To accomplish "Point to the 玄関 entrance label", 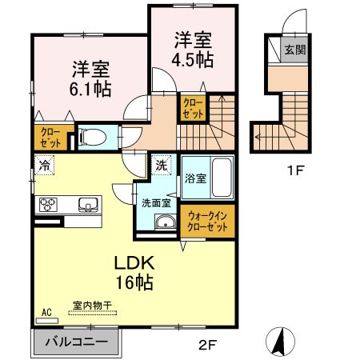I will pyautogui.click(x=294, y=50).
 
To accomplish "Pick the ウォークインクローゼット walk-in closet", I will pyautogui.click(x=208, y=220).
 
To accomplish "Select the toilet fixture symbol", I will pyautogui.click(x=90, y=137).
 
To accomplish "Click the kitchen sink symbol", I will pyautogui.click(x=86, y=204).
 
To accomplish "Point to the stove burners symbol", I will pyautogui.click(x=49, y=203).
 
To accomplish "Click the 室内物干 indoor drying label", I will pyautogui.click(x=91, y=305).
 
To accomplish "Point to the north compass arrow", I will pyautogui.click(x=281, y=342).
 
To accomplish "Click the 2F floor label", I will pyautogui.click(x=208, y=346).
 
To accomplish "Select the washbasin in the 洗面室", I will pyautogui.click(x=166, y=223).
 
